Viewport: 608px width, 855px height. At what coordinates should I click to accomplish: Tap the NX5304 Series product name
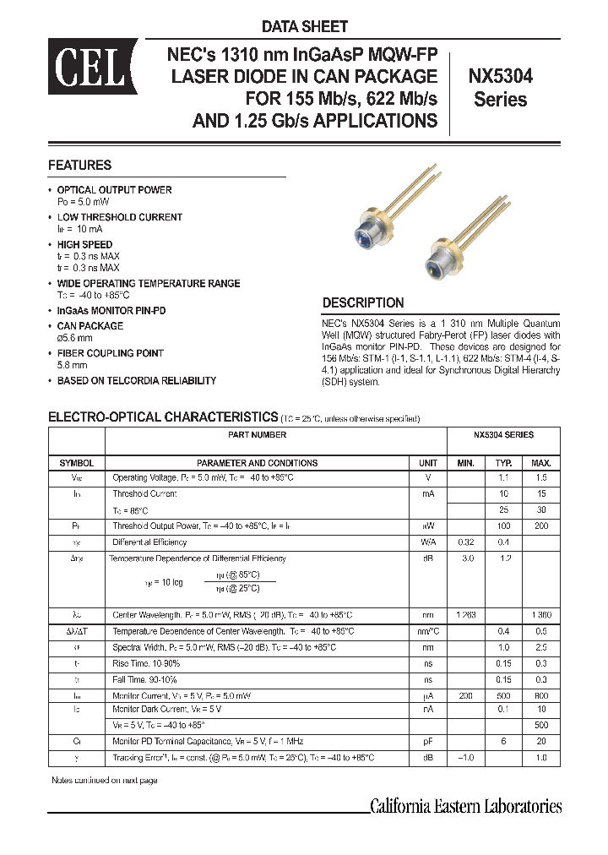pos(500,87)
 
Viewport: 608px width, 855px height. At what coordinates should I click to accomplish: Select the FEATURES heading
pos(79,166)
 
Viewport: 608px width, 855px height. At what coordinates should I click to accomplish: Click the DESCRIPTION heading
pos(363,302)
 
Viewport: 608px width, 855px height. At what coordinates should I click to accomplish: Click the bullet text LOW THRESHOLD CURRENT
pos(119,217)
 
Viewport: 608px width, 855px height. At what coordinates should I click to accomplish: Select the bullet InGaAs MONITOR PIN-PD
pos(111,311)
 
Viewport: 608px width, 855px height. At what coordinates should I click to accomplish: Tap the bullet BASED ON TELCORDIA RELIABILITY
pos(136,381)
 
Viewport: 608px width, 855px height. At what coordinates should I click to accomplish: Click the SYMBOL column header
pos(76,463)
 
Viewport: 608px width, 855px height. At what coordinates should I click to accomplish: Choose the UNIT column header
pos(428,463)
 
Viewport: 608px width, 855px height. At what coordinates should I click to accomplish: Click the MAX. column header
pos(541,463)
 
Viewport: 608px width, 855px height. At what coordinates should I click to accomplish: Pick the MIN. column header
pos(466,463)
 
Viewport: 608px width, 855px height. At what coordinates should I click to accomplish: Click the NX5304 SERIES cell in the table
pos(502,435)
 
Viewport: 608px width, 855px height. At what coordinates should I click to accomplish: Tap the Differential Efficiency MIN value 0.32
pos(466,542)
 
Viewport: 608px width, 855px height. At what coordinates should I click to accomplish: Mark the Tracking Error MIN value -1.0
pos(466,758)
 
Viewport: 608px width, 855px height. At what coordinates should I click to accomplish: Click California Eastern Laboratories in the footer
pos(466,806)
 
